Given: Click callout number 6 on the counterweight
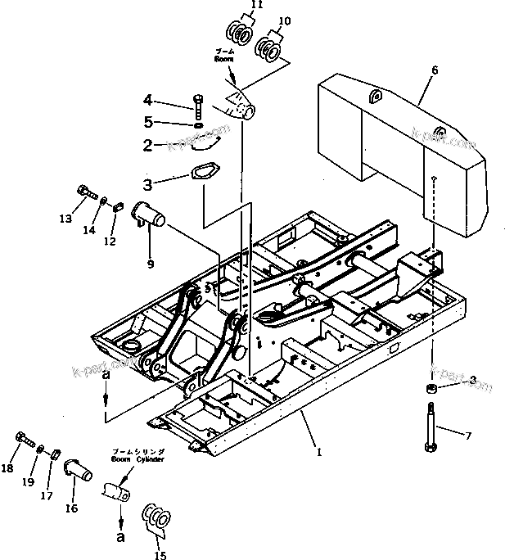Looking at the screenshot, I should pos(434,70).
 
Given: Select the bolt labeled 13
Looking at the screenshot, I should pos(83,192).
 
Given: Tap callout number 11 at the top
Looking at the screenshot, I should pos(234,5).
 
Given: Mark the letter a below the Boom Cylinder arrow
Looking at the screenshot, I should pos(120,538).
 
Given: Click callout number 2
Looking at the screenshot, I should pos(147,146).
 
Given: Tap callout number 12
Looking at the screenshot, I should pos(110,242).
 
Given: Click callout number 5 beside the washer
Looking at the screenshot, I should pos(147,123).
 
